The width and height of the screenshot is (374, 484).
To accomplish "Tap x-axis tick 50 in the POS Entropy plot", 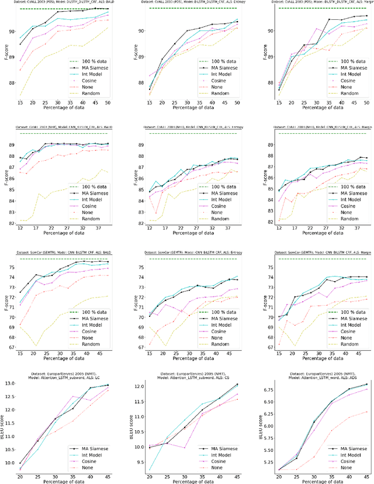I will [x=237, y=103].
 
